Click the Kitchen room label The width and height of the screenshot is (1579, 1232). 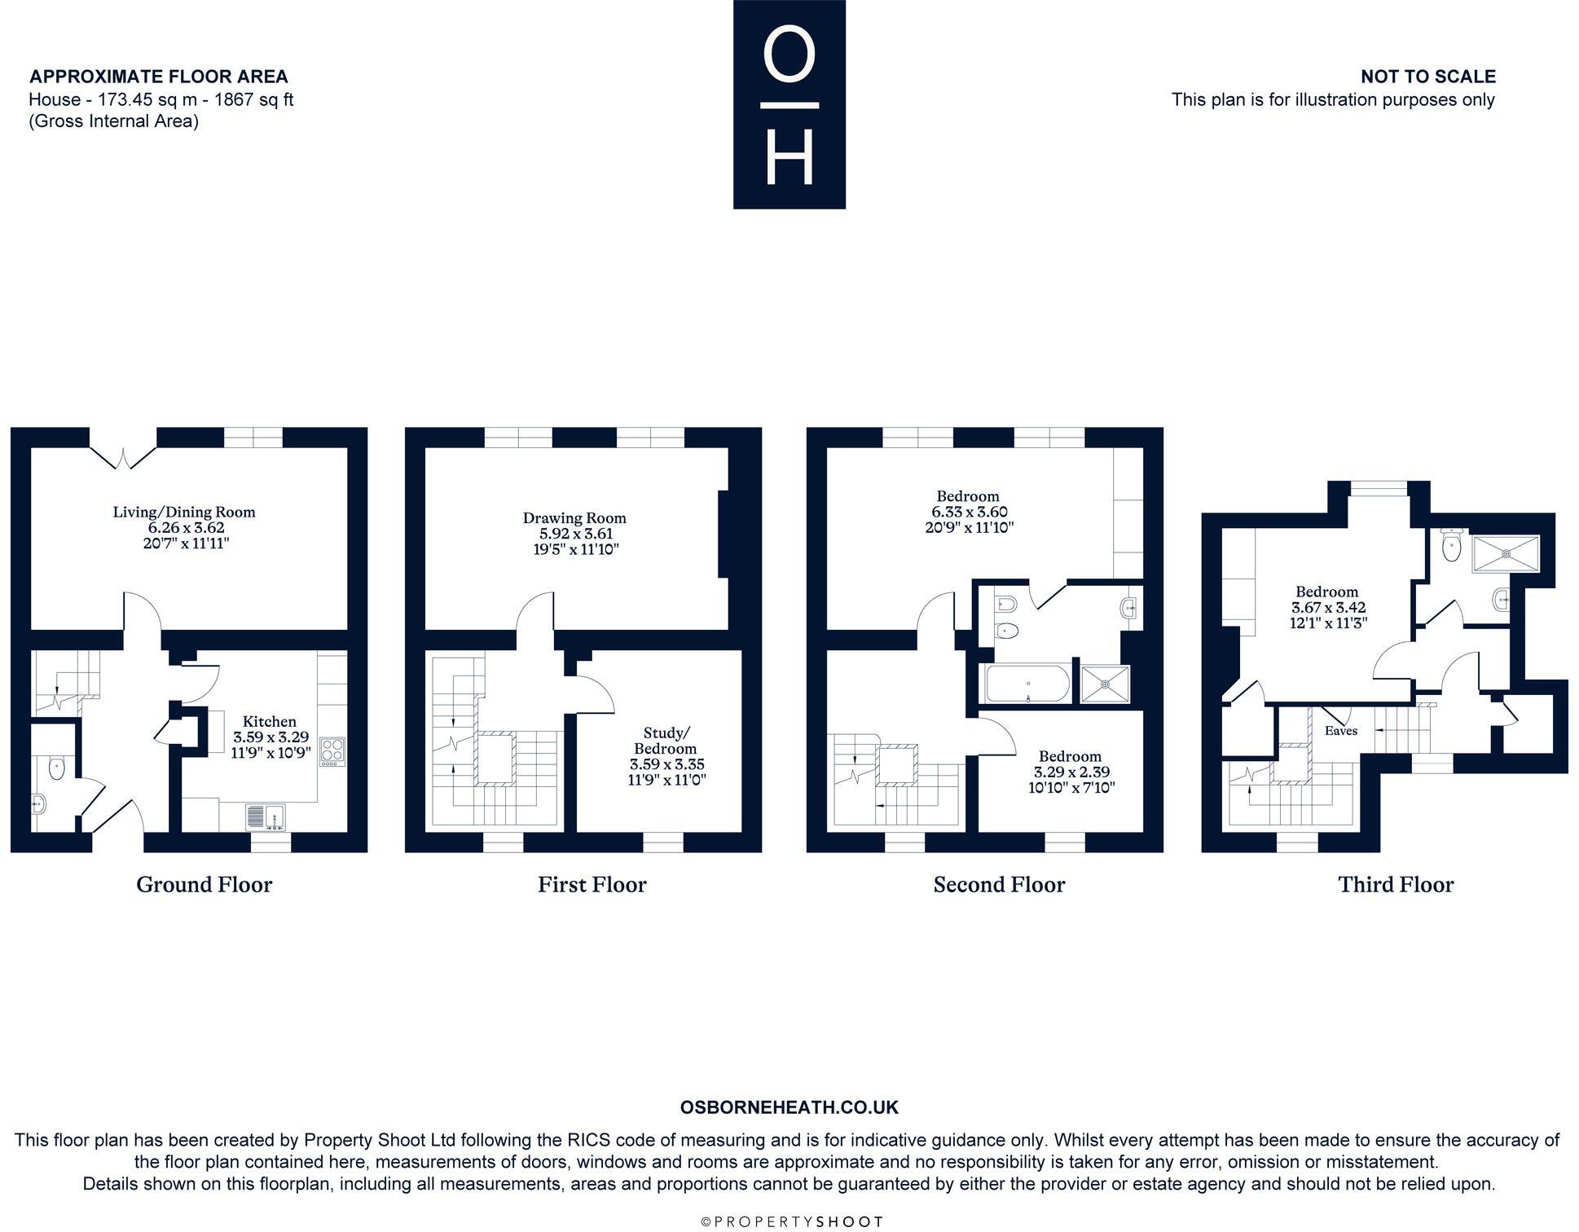[270, 721]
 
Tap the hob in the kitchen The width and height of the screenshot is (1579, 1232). [332, 751]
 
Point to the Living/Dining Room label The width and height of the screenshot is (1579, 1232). [184, 513]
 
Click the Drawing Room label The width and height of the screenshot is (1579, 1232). [574, 518]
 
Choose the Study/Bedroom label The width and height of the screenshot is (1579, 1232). [666, 741]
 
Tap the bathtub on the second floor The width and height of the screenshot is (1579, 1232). [1027, 684]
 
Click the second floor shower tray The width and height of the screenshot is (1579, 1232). [1106, 684]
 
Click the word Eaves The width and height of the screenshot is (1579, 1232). [1341, 731]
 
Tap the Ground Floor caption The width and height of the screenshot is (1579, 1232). [205, 885]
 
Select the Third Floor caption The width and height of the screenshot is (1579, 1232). [1396, 885]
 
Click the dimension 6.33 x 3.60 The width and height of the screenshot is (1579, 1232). [970, 512]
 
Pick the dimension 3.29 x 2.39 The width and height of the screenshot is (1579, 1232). [1071, 772]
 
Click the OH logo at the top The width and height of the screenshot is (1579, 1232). [789, 104]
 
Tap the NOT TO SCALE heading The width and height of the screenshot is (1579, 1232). [1428, 77]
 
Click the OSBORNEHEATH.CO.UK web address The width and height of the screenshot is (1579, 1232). [789, 1107]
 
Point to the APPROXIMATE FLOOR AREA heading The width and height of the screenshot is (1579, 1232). [159, 77]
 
